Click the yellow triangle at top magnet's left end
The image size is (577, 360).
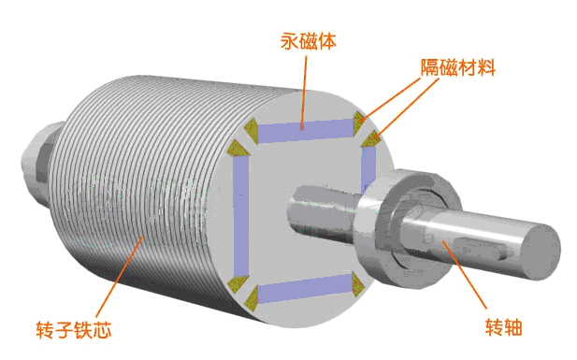click(x=251, y=127)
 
